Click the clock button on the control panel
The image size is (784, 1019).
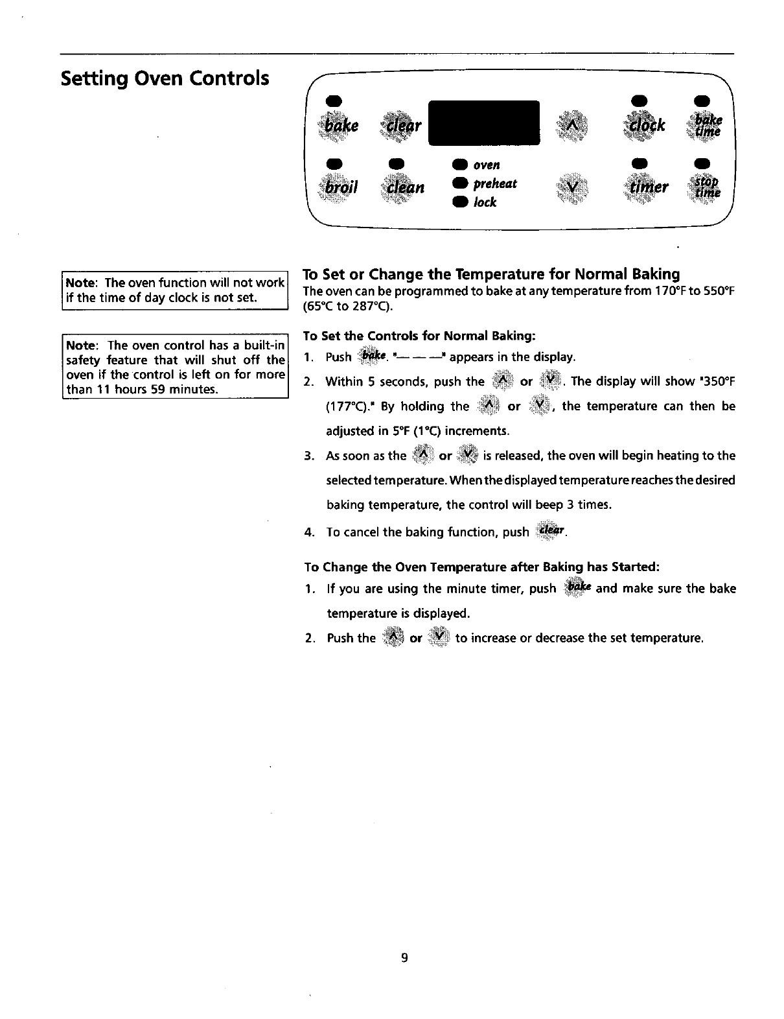click(x=644, y=124)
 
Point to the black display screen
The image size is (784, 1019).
click(x=485, y=123)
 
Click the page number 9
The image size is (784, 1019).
click(x=403, y=958)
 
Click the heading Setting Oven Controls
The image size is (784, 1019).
click(x=165, y=78)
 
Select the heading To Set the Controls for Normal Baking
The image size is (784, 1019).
click(x=419, y=336)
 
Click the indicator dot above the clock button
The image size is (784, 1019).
click(x=638, y=99)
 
